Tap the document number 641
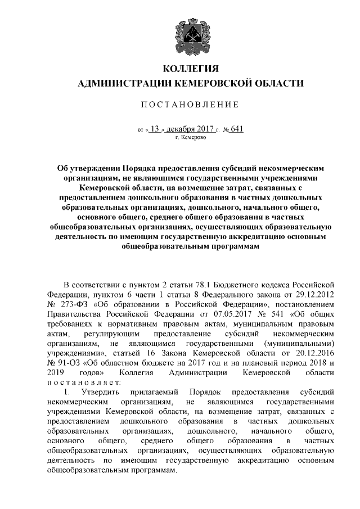(x=237, y=128)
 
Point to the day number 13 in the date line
(x=155, y=128)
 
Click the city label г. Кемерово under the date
(x=191, y=137)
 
